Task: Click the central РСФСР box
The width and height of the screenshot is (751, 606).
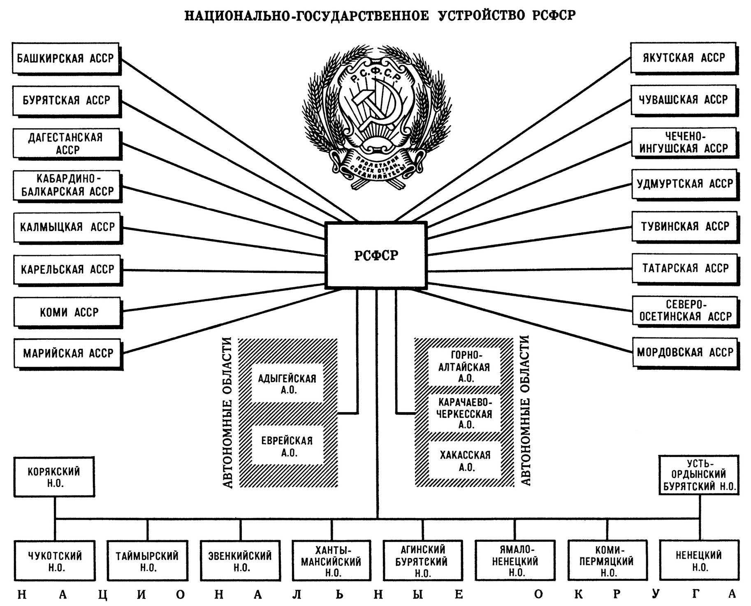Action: pyautogui.click(x=376, y=255)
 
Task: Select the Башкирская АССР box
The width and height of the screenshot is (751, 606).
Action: pyautogui.click(x=66, y=59)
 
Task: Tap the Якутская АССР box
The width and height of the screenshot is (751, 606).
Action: pyautogui.click(x=684, y=58)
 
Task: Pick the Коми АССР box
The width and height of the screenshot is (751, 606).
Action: pyautogui.click(x=68, y=313)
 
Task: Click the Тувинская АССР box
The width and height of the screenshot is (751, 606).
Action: pyautogui.click(x=685, y=227)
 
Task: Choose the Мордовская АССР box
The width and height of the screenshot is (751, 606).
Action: pyautogui.click(x=685, y=353)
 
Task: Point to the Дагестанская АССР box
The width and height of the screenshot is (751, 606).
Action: pyautogui.click(x=67, y=144)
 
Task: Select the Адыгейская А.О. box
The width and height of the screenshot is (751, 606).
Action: pyautogui.click(x=287, y=384)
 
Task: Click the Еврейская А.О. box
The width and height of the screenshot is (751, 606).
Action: pyautogui.click(x=287, y=446)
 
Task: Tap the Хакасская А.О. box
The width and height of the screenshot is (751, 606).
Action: pyautogui.click(x=465, y=460)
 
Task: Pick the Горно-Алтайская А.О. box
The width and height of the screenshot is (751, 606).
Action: pyautogui.click(x=465, y=367)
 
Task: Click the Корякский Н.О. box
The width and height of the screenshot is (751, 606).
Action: pyautogui.click(x=54, y=477)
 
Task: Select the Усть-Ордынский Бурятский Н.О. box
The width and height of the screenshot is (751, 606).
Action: pyautogui.click(x=699, y=475)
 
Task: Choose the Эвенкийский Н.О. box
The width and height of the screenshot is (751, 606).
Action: pyautogui.click(x=240, y=561)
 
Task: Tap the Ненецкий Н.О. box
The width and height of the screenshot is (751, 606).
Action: pyautogui.click(x=699, y=560)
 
